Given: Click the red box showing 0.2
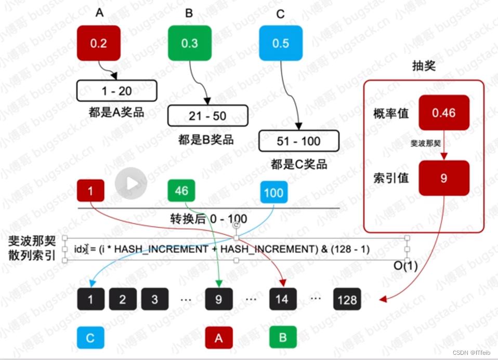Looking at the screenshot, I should pos(98,43).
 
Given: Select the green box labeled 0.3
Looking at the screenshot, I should pos(189,43).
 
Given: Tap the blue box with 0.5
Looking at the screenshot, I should pos(280,43).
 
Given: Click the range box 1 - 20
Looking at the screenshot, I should pos(116,91).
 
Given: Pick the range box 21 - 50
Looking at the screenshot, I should pos(207,116).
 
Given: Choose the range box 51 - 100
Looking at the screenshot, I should pos(298,141).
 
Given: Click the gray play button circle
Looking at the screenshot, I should pos(131,183).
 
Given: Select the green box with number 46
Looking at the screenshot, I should pos(181,191).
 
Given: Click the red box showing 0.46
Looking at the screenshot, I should pos(443,113).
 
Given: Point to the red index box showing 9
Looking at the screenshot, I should pos(443,178).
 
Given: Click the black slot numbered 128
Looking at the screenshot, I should pos(347,299).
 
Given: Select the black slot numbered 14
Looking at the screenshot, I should pos(282,299).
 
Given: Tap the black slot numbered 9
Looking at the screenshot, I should pos(218,299).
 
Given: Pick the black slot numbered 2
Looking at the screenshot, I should pos(123,299).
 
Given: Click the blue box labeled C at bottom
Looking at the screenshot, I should pos(90,338).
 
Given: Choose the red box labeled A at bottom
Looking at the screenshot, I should pos(218,338).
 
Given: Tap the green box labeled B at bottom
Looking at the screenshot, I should pos(283,337).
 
